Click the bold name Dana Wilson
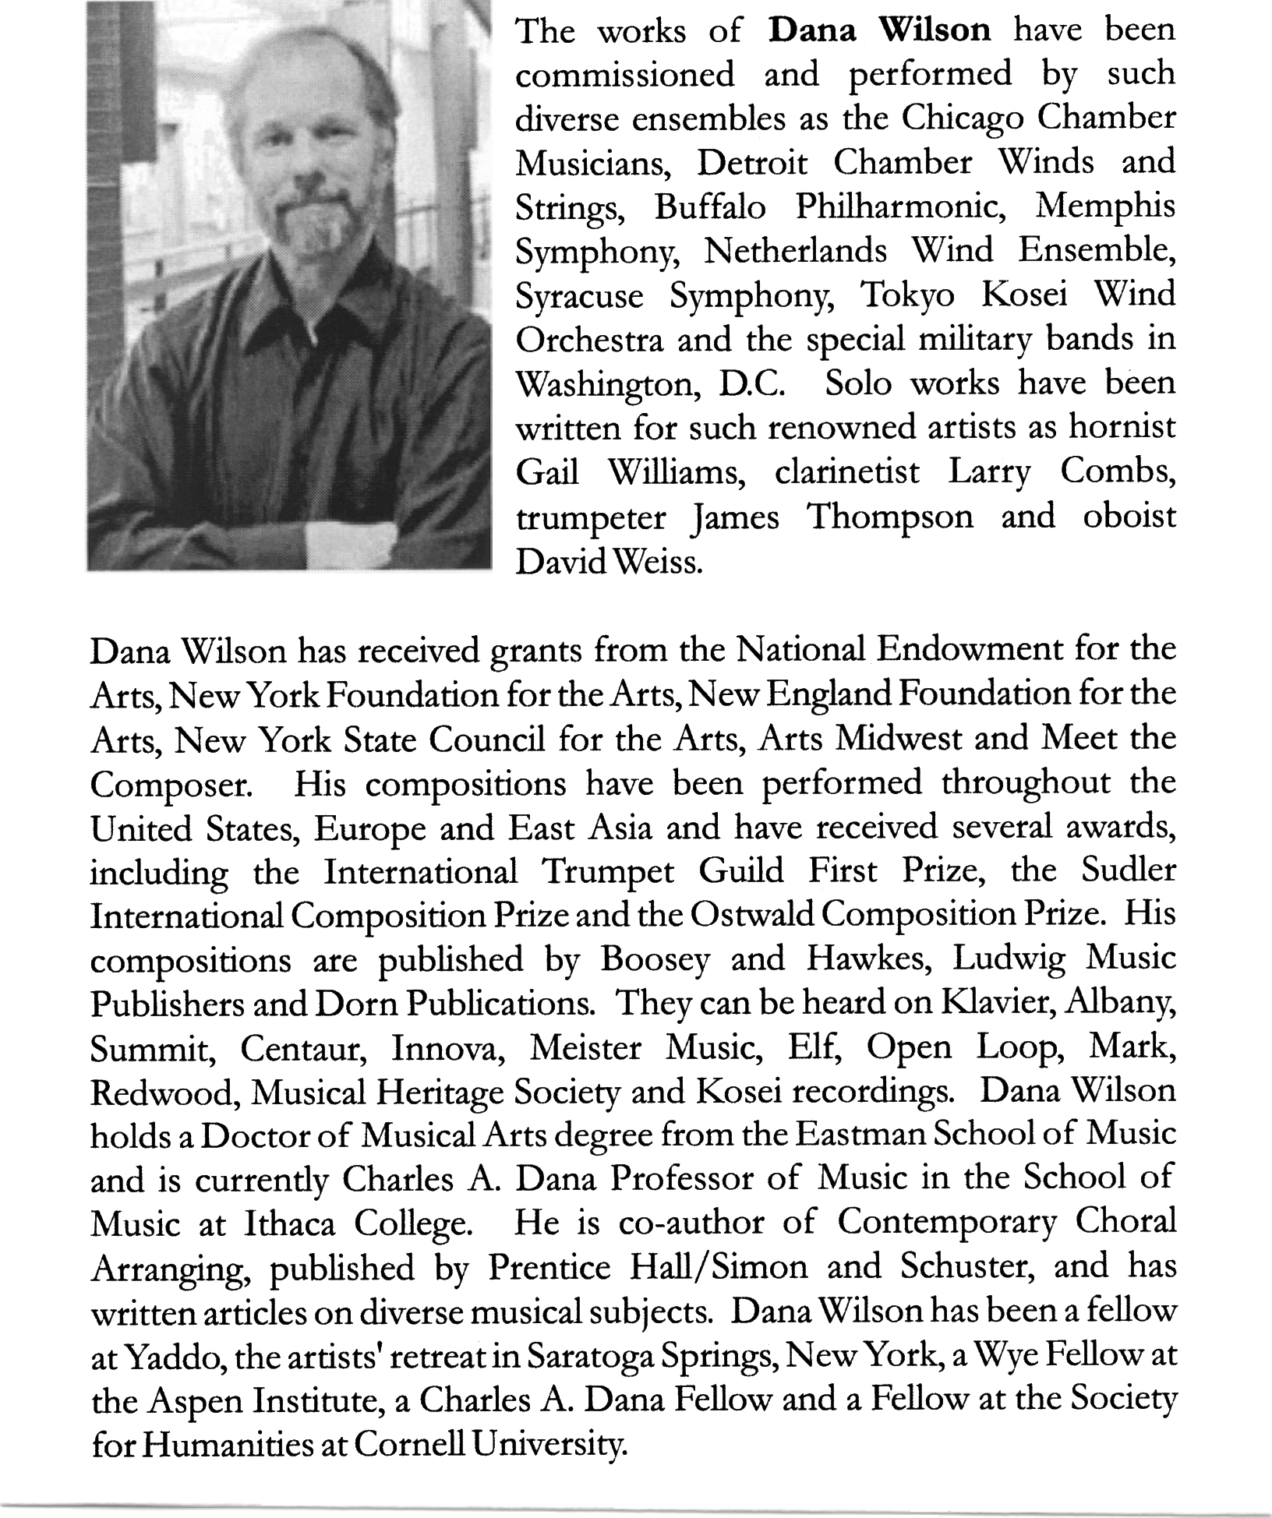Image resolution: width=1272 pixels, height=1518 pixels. pyautogui.click(x=879, y=30)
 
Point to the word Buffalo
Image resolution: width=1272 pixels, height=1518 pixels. pyautogui.click(x=710, y=208)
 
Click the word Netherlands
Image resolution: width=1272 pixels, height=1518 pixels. pyautogui.click(x=796, y=252)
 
